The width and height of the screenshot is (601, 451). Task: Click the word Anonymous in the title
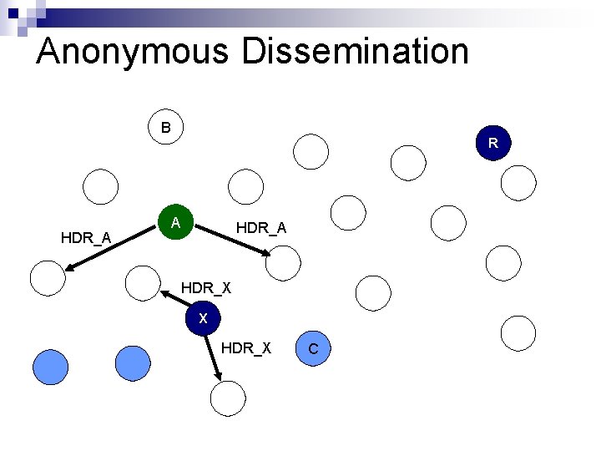tap(132, 52)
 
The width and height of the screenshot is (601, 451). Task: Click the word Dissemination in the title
tap(356, 52)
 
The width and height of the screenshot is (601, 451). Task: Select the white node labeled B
tap(165, 128)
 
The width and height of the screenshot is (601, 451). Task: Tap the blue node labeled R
tap(493, 143)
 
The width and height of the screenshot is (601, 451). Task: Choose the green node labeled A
tap(176, 223)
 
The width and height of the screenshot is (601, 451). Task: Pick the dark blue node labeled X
tap(203, 318)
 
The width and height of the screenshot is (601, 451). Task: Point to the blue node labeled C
tap(313, 348)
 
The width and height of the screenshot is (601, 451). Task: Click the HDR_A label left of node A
tap(86, 238)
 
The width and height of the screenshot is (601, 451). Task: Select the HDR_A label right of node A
tap(261, 227)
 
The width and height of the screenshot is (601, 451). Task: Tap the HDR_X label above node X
tap(206, 288)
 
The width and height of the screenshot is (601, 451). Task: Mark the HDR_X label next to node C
tap(246, 347)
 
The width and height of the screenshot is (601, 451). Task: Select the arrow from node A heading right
tap(230, 240)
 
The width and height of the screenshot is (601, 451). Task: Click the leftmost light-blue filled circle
tap(49, 366)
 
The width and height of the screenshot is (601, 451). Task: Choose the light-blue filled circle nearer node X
tap(133, 363)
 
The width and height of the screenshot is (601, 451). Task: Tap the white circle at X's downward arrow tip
tap(228, 398)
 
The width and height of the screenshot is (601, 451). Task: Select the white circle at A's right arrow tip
tap(281, 262)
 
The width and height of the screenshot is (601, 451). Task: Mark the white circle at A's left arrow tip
tap(48, 277)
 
